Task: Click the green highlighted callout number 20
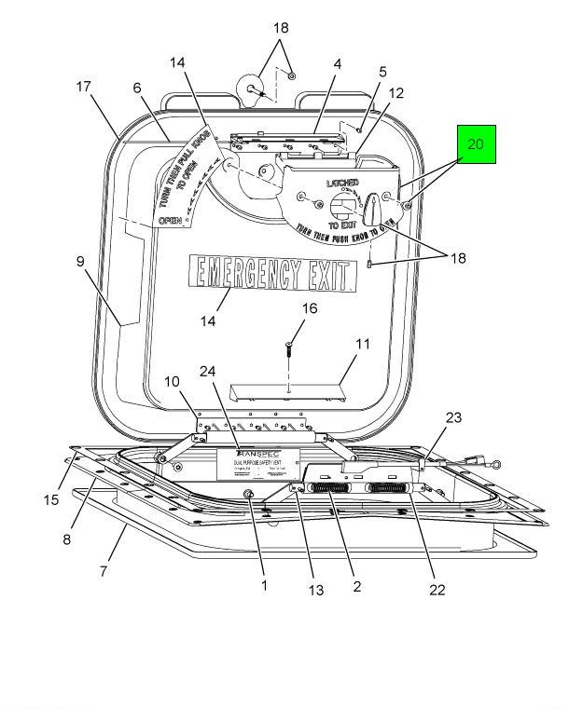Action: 476,144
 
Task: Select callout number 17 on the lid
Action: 83,87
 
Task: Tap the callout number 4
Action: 337,65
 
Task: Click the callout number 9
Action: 83,262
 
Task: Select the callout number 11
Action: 363,344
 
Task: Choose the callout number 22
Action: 437,589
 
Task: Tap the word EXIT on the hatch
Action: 330,275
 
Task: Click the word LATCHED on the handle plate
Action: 344,183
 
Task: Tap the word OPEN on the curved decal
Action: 170,221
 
